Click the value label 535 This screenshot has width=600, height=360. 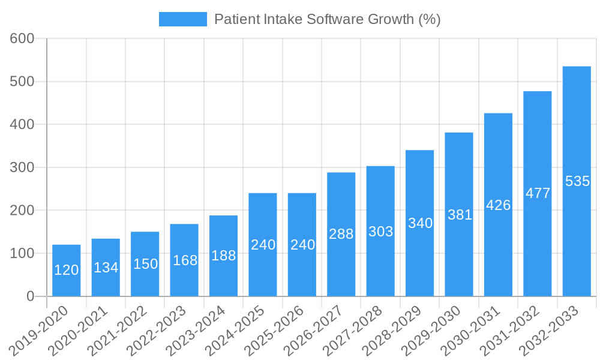click(577, 181)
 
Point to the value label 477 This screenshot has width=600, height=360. click(538, 193)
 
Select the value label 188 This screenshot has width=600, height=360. click(223, 256)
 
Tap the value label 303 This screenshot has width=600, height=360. click(380, 232)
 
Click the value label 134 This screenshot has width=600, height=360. click(106, 268)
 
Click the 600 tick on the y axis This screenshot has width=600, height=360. click(22, 38)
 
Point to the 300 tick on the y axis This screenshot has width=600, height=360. click(22, 167)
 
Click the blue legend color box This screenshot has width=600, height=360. click(182, 19)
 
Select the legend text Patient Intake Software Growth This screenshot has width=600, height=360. click(327, 19)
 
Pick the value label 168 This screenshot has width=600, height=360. click(184, 260)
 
